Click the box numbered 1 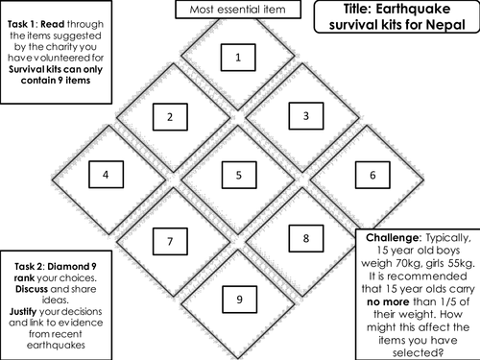[x=238, y=59]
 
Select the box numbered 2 [x=170, y=117]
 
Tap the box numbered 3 [x=305, y=117]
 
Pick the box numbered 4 [x=106, y=175]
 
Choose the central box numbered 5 [x=238, y=175]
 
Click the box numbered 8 [x=305, y=238]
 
